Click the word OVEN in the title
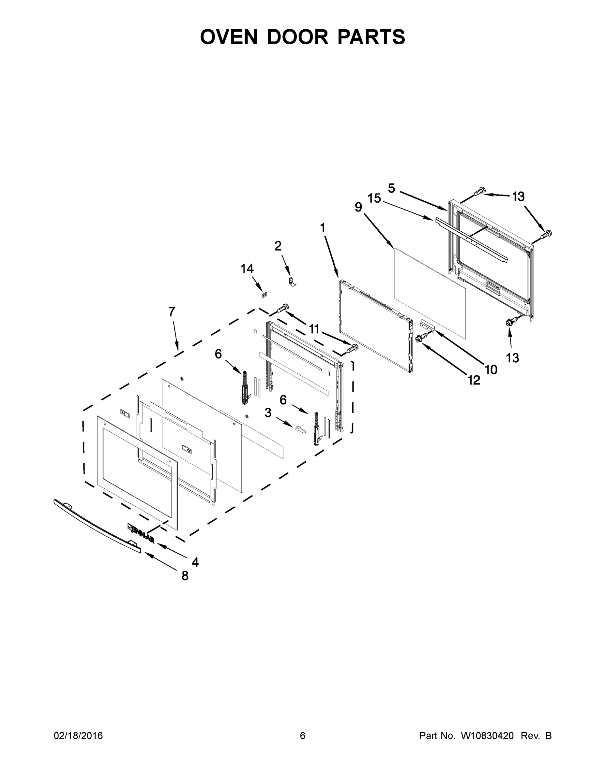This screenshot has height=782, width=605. click(229, 37)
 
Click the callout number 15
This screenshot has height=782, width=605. click(374, 198)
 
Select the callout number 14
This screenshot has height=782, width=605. click(247, 268)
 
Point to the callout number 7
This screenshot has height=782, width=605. click(172, 312)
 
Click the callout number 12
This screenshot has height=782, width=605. click(474, 380)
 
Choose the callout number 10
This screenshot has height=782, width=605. click(491, 369)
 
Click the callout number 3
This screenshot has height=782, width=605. click(268, 413)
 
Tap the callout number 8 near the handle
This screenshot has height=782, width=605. click(185, 576)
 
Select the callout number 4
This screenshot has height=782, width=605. click(195, 562)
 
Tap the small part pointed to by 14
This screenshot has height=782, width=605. click(265, 295)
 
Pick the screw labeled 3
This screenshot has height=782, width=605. click(300, 428)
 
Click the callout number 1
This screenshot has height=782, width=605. click(323, 228)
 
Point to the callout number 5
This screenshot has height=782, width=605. click(391, 188)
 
